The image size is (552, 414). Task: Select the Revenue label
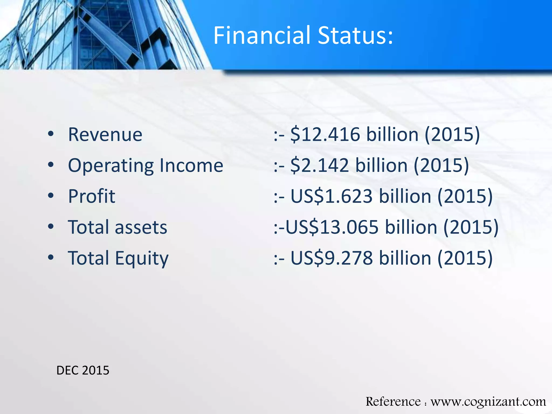(105, 134)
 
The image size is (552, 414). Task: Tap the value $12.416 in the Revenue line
(325, 134)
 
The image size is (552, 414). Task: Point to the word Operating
(111, 166)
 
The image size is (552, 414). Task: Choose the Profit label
(92, 196)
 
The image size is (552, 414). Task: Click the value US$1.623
(332, 196)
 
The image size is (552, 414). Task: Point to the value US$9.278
(332, 258)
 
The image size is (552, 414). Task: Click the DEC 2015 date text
(83, 370)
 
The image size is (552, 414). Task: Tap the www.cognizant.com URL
(488, 402)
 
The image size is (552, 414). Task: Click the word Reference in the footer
(393, 402)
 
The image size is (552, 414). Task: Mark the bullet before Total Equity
(51, 258)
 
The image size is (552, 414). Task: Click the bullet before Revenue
(51, 134)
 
